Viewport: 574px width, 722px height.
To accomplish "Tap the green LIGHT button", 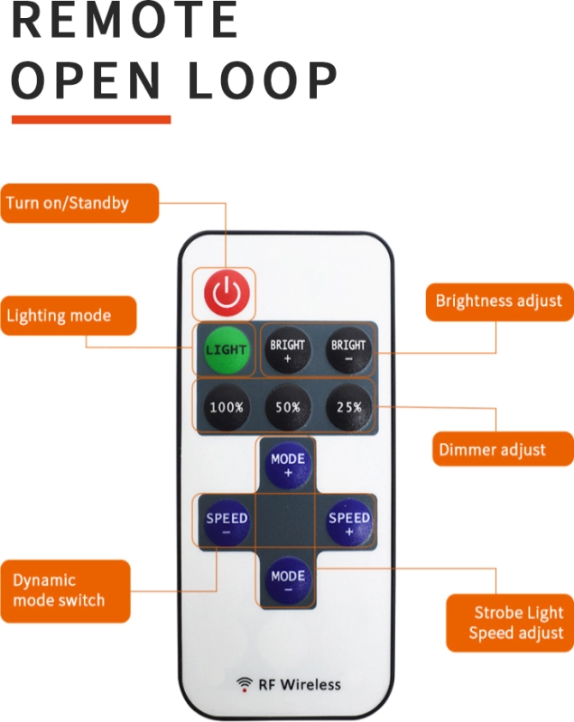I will (x=227, y=349).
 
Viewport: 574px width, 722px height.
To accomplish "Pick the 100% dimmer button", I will (x=227, y=407).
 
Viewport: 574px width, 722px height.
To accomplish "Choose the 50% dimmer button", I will (x=287, y=407).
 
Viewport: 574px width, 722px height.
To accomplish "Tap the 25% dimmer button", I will (x=348, y=407).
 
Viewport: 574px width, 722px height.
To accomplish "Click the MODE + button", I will (x=288, y=465).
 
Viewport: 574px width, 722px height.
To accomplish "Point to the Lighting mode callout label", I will (x=68, y=316).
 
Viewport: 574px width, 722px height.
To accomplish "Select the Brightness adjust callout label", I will (x=498, y=301).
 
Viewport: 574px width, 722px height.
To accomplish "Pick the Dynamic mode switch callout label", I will (x=64, y=590).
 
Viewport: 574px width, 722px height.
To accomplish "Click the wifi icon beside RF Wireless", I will (x=245, y=684).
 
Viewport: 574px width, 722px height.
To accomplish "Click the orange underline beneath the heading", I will (x=90, y=118).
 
